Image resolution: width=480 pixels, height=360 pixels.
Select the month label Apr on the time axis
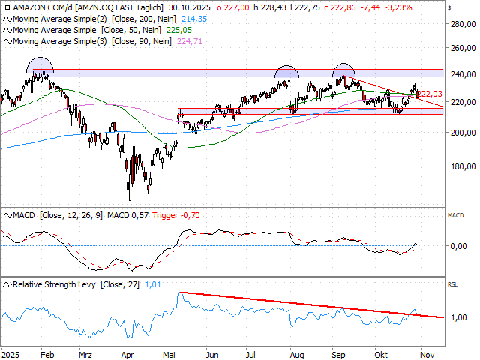click(127, 352)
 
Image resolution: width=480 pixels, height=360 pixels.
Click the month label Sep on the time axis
click(340, 352)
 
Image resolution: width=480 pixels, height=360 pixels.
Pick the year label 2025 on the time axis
click(11, 352)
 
